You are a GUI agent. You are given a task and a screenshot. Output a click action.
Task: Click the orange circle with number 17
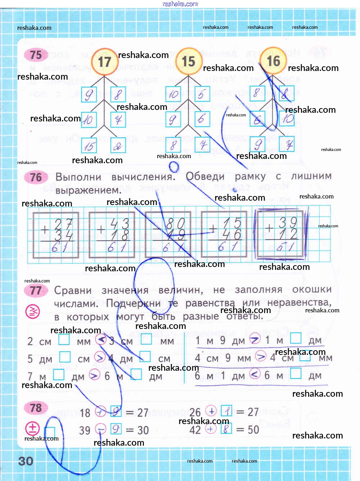coord(104,62)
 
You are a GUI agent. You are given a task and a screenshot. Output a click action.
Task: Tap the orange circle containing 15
coord(188,61)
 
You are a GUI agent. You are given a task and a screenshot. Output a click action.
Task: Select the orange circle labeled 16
coord(273,61)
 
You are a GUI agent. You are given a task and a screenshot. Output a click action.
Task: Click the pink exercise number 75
coord(36,55)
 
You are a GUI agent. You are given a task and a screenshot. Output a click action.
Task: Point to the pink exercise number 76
coord(36,177)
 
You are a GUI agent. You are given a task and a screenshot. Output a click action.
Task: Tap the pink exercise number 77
coord(36,290)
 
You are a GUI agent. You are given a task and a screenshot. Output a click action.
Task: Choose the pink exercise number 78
coord(36,408)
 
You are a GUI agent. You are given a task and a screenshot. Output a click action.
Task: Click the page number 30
coord(26,461)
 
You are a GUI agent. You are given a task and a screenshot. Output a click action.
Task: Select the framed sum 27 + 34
coord(55,235)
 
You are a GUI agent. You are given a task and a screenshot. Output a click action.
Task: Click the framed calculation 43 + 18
coord(112,235)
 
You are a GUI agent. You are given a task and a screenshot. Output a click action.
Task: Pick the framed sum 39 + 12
coord(281,234)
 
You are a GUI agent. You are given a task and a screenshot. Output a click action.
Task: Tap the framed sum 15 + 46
coord(224,235)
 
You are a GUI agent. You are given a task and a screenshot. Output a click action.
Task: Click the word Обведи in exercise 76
coord(205,177)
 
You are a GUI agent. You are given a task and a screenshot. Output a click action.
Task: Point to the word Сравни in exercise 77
coord(73,290)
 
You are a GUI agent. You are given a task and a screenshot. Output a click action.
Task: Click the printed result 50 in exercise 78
coord(253,429)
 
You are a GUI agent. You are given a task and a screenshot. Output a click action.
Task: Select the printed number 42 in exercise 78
coord(195,429)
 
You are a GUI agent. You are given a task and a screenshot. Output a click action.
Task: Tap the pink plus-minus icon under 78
coord(32,428)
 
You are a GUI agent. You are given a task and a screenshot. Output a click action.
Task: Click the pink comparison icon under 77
coord(32,312)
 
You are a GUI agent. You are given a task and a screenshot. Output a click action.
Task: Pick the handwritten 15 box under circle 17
coord(89,146)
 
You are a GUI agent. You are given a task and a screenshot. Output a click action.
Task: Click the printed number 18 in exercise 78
coord(85,413)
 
